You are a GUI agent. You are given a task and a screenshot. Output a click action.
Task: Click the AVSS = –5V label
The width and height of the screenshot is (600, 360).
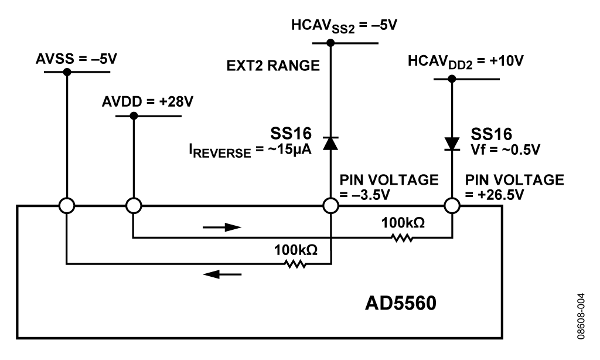pos(76,59)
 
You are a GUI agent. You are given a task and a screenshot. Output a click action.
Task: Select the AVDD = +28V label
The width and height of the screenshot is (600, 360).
pos(147,102)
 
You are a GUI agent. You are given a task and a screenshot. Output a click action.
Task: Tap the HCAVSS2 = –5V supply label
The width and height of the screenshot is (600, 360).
pos(344,26)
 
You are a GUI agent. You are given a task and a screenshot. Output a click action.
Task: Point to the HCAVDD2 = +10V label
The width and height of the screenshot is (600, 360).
pos(465,62)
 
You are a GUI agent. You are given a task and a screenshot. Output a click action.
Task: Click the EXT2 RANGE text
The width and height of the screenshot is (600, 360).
pos(273,66)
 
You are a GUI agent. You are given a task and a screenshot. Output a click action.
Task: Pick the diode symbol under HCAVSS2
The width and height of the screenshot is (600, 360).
pos(330,143)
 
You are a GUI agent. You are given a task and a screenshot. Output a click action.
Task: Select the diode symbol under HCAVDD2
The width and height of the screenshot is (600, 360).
pos(452,144)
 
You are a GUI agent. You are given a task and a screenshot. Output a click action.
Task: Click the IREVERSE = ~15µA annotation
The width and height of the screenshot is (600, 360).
pos(250,151)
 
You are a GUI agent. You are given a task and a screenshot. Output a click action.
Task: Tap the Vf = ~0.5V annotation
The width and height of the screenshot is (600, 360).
pos(505,150)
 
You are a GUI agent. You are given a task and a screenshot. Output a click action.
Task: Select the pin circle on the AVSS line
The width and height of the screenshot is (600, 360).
pos(67,206)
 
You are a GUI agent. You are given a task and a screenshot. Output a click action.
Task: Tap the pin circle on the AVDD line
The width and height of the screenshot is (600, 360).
pos(134,206)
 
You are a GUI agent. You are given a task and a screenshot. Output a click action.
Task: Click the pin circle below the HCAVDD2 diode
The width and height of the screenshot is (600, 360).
pos(452,206)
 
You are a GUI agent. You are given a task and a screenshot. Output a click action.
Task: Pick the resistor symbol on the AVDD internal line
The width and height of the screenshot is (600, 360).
pos(402,238)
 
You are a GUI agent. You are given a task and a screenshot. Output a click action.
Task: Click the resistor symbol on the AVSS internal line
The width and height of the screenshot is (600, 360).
pos(295,264)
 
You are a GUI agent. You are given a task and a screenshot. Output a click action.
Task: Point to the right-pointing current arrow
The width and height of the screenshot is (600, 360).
pos(222,227)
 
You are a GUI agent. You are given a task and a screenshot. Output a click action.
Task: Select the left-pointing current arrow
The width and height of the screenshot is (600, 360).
pos(222,274)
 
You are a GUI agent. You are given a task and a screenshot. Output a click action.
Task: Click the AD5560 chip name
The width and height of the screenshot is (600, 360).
pos(401,303)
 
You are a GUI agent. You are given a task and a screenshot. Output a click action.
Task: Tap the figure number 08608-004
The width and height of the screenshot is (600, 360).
pos(581,316)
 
